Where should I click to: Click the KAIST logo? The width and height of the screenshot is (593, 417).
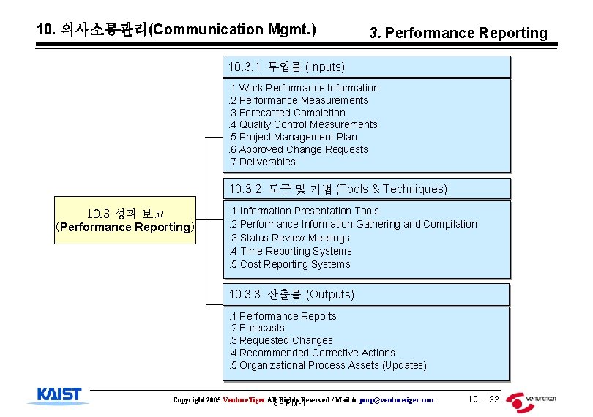point(59,396)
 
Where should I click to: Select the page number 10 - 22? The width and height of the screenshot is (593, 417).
point(483,399)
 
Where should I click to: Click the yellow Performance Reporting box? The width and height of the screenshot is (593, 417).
point(125,220)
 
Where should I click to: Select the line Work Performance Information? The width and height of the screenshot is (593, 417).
point(304,88)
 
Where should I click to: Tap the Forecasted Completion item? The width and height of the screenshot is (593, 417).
point(287,113)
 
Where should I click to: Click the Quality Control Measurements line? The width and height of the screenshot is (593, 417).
point(303,124)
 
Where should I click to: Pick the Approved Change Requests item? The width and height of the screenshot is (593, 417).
point(299,149)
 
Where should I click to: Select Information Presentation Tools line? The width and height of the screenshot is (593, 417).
point(304,211)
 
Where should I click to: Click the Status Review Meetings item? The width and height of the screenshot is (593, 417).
point(289,238)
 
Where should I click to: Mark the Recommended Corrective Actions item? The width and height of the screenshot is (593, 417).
point(312,353)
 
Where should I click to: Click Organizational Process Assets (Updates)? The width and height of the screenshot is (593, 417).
point(327,365)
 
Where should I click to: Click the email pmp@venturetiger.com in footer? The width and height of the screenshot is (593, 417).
point(396,400)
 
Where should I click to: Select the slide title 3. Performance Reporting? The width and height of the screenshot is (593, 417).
point(458,33)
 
